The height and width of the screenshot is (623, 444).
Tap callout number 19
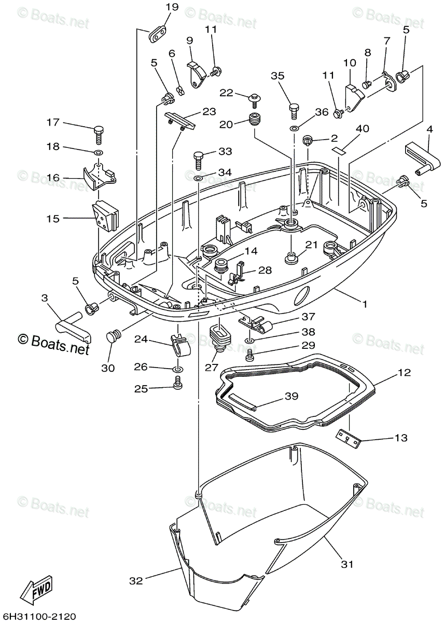coord(172,7)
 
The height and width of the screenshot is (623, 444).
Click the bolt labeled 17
coord(99,135)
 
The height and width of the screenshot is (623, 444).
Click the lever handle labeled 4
coord(423,160)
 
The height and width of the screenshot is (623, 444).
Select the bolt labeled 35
coord(294,111)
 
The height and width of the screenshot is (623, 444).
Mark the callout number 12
coord(404,372)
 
